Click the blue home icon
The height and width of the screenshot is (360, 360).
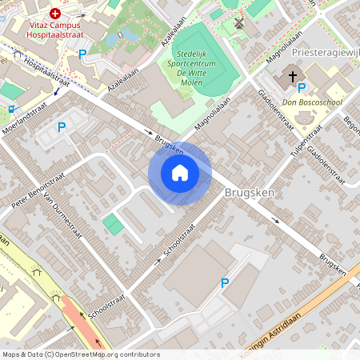(180, 173)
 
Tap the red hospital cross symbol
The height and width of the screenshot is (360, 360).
(55, 14)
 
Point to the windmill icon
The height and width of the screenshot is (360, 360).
(238, 22)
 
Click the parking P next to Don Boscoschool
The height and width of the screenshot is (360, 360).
(301, 88)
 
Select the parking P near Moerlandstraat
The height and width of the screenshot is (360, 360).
(62, 126)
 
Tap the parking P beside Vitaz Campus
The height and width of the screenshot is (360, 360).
(82, 54)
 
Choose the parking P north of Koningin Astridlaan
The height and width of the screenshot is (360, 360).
(225, 282)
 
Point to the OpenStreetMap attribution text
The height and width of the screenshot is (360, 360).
(80, 354)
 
